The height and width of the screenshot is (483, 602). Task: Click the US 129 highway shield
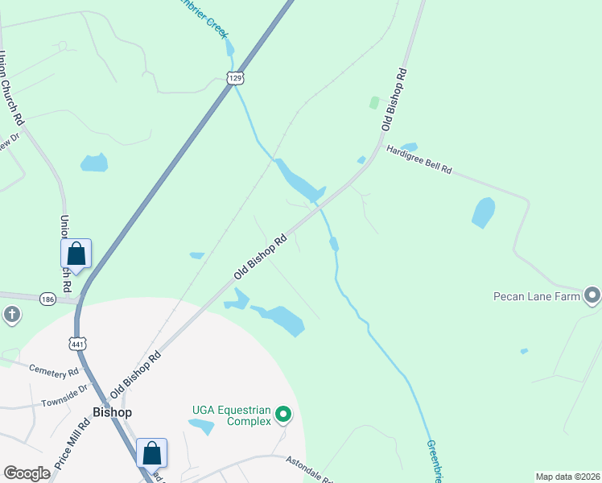(234, 78)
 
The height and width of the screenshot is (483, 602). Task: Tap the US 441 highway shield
(77, 344)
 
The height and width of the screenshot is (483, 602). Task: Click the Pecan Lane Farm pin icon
(592, 295)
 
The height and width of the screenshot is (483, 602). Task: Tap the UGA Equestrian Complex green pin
(282, 415)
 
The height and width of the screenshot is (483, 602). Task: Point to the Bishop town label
(112, 411)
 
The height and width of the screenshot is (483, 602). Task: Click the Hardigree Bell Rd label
(419, 159)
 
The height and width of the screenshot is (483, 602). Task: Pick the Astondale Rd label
(310, 466)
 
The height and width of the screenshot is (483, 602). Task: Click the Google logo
(27, 473)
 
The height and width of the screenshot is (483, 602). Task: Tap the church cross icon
(12, 314)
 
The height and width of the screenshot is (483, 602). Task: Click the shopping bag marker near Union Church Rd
(76, 253)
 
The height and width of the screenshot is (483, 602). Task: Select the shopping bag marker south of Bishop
(151, 452)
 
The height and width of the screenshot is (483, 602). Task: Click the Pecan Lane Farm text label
(537, 295)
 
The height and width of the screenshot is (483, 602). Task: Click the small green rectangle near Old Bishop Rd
(373, 103)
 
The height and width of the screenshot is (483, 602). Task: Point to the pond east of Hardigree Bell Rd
(483, 213)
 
